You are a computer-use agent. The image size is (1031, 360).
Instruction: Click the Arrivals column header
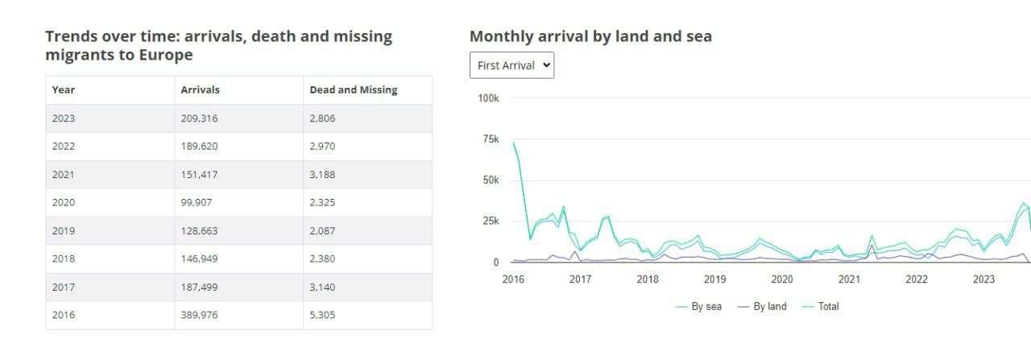click(200, 90)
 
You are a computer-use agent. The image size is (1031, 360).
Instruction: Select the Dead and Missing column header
click(353, 90)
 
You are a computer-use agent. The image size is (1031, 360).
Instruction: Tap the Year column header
click(64, 90)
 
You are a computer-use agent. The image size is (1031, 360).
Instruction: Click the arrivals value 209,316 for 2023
click(199, 118)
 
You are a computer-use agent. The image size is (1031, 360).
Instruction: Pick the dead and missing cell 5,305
click(322, 315)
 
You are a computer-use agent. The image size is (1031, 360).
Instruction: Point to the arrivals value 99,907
click(197, 202)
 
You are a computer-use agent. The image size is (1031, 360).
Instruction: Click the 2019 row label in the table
click(64, 230)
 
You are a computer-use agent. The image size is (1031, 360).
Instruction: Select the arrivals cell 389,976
click(199, 315)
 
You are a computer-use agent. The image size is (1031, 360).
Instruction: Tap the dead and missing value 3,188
click(322, 174)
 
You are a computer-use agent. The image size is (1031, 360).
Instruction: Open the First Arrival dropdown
click(511, 65)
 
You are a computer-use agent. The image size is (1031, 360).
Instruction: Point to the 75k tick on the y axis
click(488, 139)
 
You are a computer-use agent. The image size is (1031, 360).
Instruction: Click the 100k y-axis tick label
click(488, 98)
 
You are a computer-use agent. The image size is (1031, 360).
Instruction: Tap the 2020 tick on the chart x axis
click(782, 279)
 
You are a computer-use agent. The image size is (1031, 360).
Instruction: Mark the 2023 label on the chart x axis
click(983, 279)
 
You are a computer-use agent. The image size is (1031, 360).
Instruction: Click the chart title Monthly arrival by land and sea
click(590, 36)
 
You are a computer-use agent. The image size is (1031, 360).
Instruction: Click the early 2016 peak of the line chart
click(514, 143)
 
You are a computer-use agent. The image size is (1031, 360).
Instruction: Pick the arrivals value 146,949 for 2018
click(199, 259)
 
